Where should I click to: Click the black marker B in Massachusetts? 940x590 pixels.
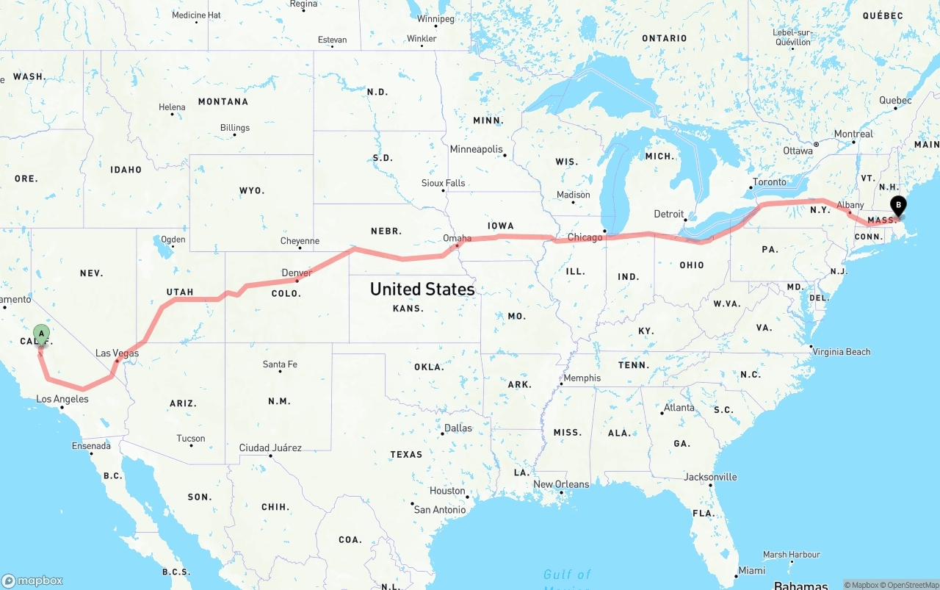coord(897,206)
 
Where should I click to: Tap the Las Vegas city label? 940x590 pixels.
coord(117,353)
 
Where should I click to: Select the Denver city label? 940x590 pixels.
coord(297,273)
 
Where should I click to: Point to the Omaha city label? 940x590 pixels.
coord(457,238)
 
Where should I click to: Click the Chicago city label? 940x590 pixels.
coord(585,237)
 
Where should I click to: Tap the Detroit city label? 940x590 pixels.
coord(668,214)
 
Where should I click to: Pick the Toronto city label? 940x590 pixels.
coord(769,182)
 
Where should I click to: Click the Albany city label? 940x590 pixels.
coord(850,205)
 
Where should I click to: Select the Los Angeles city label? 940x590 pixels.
coord(62,399)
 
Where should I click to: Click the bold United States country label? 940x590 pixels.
coord(422,289)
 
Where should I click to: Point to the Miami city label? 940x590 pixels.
coord(752,570)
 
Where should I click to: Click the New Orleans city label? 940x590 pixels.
coord(561,484)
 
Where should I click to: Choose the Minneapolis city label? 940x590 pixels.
coord(476,149)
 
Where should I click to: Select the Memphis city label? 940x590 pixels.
coord(582,378)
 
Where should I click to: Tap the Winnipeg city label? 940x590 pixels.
coord(436,18)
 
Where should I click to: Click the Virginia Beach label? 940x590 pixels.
coord(841,352)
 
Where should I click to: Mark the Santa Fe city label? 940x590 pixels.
coord(280,364)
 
